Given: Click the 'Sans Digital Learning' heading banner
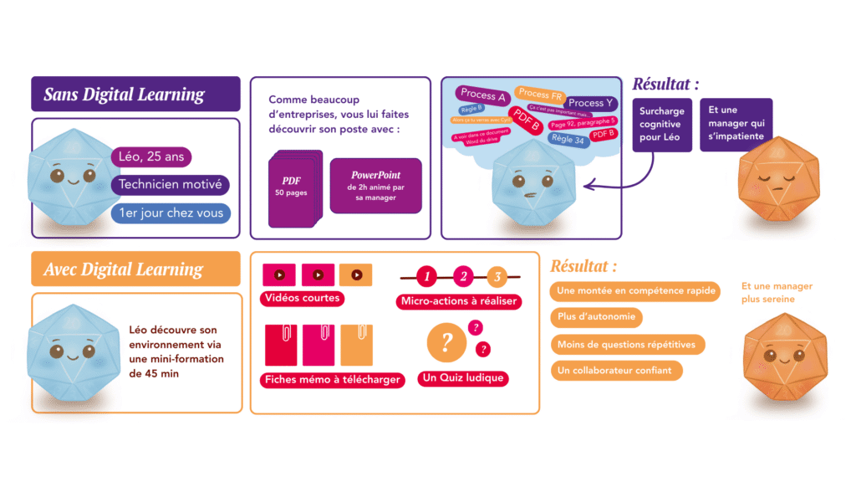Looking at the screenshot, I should pos(135,95).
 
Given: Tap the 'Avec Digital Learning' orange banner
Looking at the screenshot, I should pos(135,269).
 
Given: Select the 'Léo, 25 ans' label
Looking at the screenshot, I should pos(151,156).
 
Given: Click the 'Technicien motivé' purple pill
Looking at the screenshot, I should pos(171,185).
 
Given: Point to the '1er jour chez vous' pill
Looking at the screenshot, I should pos(171,213).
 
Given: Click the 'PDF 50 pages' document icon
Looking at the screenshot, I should pos(293,188).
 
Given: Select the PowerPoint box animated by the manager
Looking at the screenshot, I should pos(375,186).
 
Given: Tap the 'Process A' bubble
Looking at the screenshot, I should pos(483,96).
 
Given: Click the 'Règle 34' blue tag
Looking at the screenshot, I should pos(568,139).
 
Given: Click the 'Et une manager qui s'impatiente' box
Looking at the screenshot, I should pos(736,125).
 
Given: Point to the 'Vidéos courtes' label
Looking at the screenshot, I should pos(303,298).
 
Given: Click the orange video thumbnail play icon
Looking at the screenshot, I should pos(356,274).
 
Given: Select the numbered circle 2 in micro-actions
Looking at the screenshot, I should pos(462,276).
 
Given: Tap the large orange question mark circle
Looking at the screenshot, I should pos(447,341).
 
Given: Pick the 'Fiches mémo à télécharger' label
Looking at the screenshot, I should pos(333,380).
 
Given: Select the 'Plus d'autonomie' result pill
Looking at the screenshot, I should pos(596,317).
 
